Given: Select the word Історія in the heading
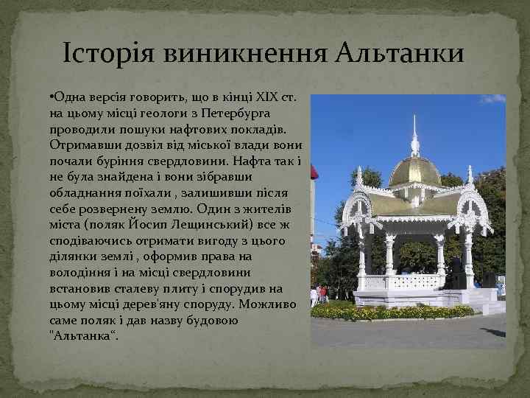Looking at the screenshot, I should [107, 54].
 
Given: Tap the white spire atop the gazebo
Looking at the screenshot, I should [415, 136].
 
